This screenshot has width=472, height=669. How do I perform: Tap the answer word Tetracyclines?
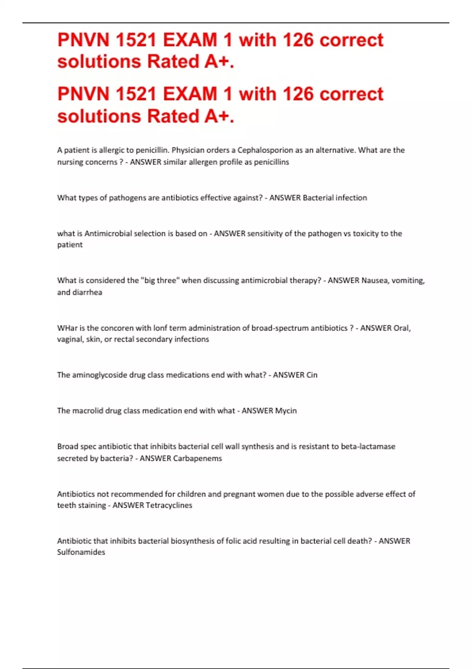[169, 505]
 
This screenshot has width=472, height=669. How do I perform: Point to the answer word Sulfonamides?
[81, 552]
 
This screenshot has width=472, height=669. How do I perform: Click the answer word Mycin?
[286, 410]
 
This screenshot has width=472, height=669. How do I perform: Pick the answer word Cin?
[312, 375]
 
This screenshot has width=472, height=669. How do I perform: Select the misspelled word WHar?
[67, 328]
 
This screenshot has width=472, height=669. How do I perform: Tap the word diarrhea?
[87, 292]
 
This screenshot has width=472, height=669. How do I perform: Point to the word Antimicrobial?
[108, 233]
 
